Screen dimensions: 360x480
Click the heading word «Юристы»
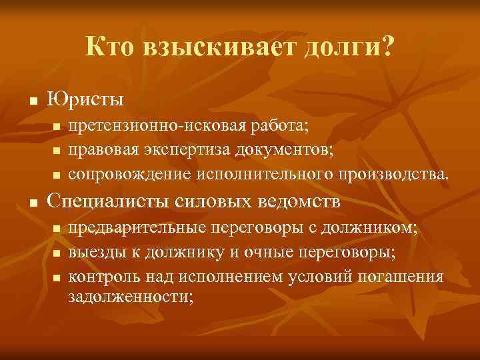pos(85,101)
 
